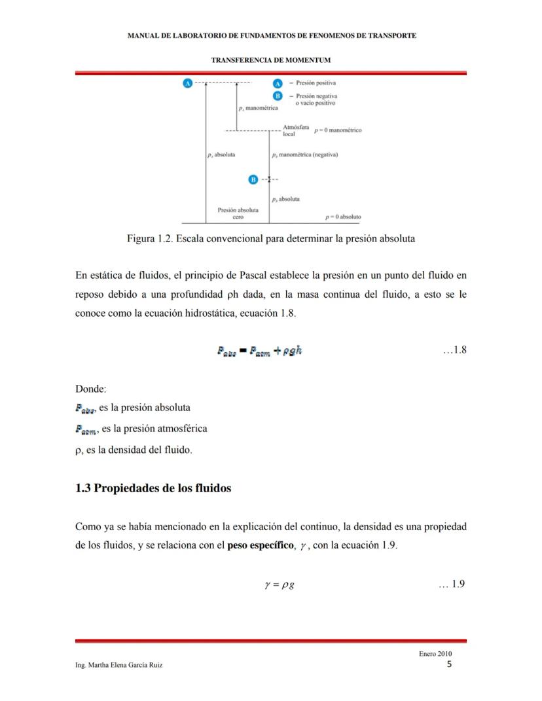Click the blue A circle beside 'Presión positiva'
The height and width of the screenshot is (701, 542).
pyautogui.click(x=277, y=84)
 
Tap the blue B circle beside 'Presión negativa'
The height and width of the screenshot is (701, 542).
pyautogui.click(x=277, y=96)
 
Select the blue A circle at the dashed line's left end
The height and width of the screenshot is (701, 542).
pyautogui.click(x=188, y=83)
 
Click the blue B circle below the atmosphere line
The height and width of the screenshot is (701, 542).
pyautogui.click(x=253, y=179)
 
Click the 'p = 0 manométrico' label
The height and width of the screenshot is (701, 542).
pyautogui.click(x=338, y=130)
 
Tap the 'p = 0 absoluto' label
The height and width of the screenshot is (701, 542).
pyautogui.click(x=343, y=217)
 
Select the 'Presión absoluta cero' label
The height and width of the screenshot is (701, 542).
pyautogui.click(x=238, y=213)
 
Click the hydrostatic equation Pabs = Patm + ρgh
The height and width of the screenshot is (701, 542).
pyautogui.click(x=259, y=351)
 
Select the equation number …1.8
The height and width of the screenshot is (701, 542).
pyautogui.click(x=454, y=350)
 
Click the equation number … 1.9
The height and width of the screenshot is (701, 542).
pyautogui.click(x=452, y=584)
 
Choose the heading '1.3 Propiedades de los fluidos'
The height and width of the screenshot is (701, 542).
pyautogui.click(x=153, y=488)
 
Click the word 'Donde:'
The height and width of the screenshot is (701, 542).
pyautogui.click(x=90, y=389)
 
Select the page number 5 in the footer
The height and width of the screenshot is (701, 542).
pyautogui.click(x=449, y=664)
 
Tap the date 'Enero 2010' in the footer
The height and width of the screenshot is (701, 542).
pyautogui.click(x=435, y=654)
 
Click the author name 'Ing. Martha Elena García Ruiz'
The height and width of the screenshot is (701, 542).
pyautogui.click(x=119, y=665)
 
